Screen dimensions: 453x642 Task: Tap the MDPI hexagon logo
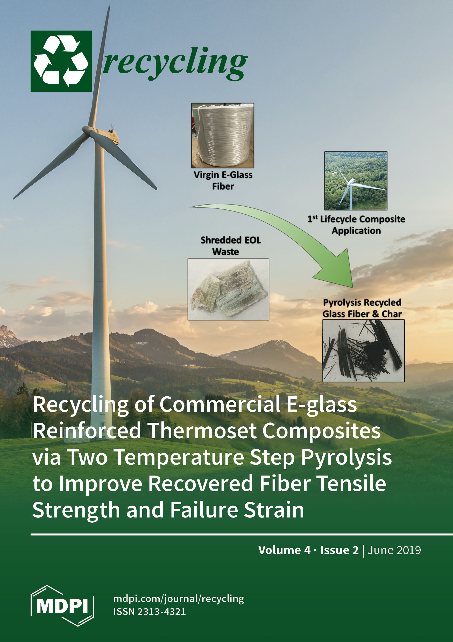[62, 605]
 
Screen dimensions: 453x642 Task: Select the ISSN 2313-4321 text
[150, 611]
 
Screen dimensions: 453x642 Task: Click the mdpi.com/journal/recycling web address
[179, 599]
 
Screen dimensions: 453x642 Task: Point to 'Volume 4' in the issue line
[285, 550]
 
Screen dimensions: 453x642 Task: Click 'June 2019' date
[394, 550]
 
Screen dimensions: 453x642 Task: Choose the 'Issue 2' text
[339, 550]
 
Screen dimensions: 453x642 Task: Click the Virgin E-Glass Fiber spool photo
[223, 135]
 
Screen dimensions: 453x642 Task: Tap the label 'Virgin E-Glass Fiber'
[223, 180]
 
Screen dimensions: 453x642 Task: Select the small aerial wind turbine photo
[356, 181]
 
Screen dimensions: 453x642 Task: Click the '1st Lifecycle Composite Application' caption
[356, 225]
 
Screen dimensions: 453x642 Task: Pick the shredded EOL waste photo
[228, 289]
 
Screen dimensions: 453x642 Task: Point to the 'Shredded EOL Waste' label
[230, 246]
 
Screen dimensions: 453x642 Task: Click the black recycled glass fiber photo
[363, 351]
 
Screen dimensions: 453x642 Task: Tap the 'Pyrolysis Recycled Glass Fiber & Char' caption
[362, 308]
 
